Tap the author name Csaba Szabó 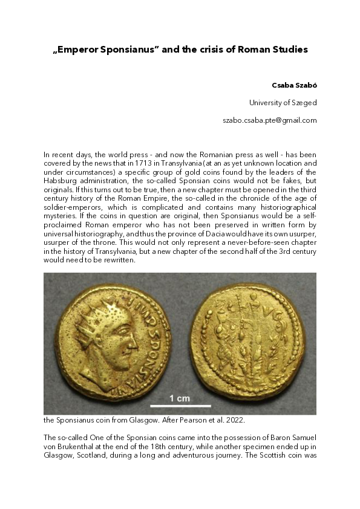pyautogui.click(x=295, y=85)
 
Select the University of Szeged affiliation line pyautogui.click(x=283, y=103)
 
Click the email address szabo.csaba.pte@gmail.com pyautogui.click(x=270, y=120)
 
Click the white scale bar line pyautogui.click(x=180, y=406)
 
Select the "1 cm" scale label pyautogui.click(x=180, y=398)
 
